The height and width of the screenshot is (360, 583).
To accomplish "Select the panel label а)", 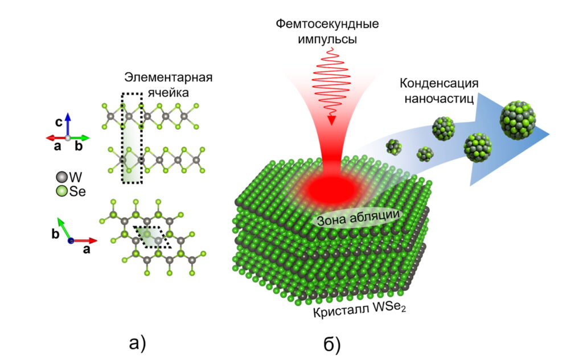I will pyautogui.click(x=138, y=342).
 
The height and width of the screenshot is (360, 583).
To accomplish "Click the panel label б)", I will pyautogui.click(x=332, y=343).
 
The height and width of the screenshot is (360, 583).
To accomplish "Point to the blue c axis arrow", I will pyautogui.click(x=68, y=122).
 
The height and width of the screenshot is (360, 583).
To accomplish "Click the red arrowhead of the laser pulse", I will pyautogui.click(x=331, y=119).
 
